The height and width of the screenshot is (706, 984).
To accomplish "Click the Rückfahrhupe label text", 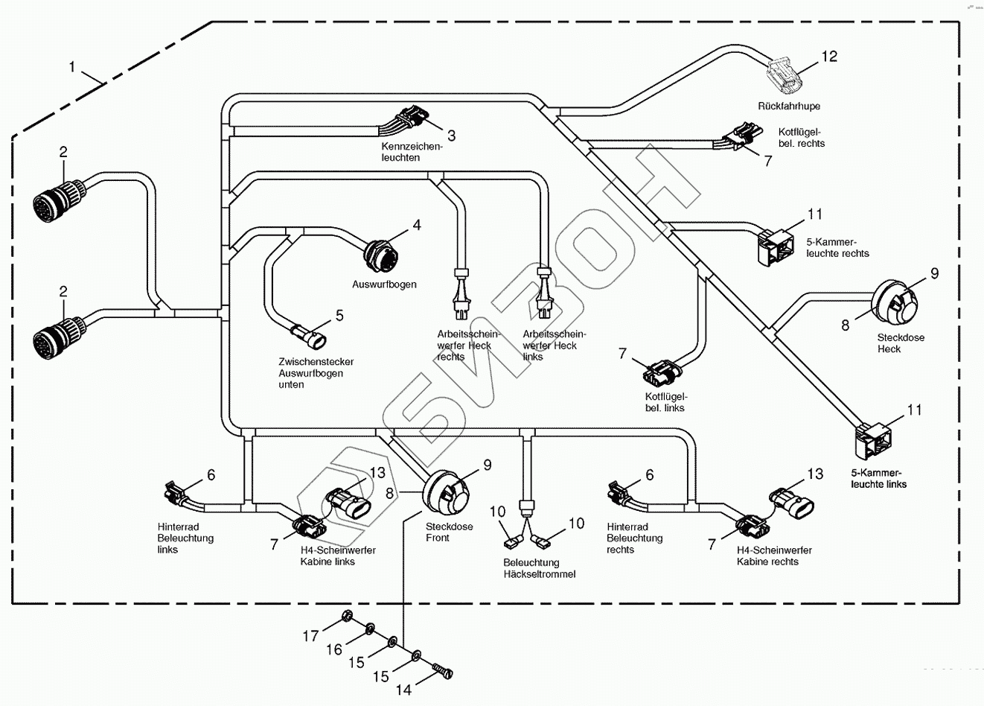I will pyautogui.click(x=789, y=106).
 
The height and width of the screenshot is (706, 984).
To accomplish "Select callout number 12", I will pyautogui.click(x=828, y=57).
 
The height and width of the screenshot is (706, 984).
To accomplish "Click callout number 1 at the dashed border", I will pyautogui.click(x=72, y=67).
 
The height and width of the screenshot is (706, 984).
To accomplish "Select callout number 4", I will pyautogui.click(x=417, y=224).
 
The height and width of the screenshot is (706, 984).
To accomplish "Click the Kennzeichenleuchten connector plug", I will pyautogui.click(x=412, y=118).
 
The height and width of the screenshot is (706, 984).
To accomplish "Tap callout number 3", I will pyautogui.click(x=451, y=136).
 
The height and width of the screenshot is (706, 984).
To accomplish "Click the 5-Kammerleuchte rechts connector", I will pyautogui.click(x=774, y=246).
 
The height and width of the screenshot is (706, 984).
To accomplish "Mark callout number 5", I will pyautogui.click(x=339, y=316).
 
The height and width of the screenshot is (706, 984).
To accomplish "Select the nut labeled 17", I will pyautogui.click(x=345, y=617).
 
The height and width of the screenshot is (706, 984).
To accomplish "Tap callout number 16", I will pyautogui.click(x=334, y=650).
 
